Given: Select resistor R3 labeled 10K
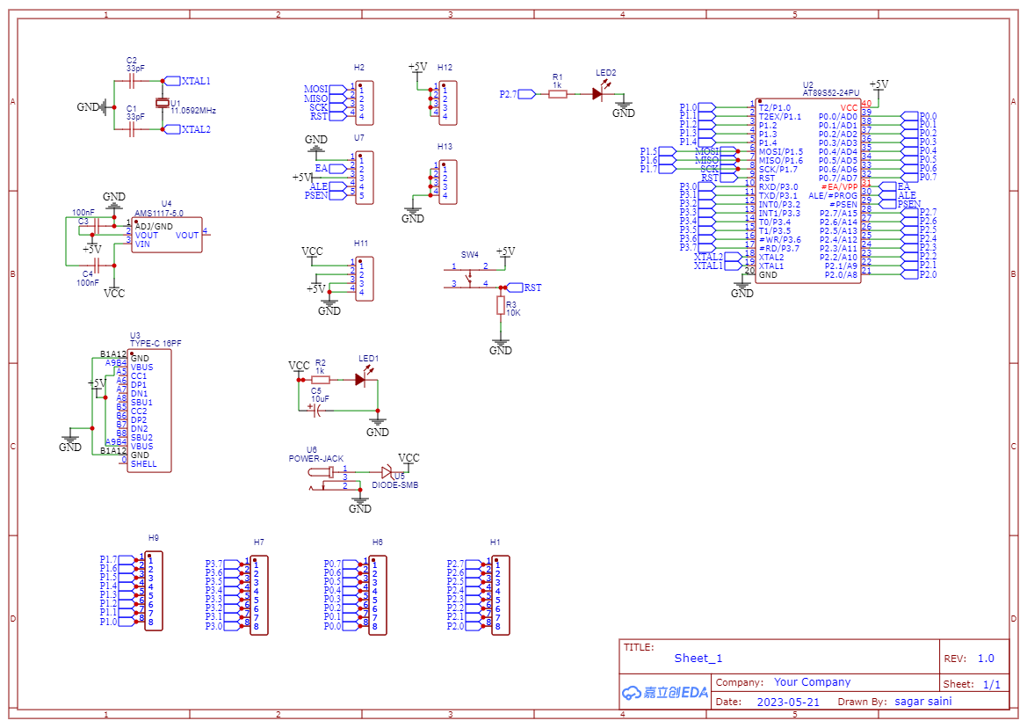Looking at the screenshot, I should (x=501, y=305).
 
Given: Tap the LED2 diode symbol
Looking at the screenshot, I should (x=597, y=93).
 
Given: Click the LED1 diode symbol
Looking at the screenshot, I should (x=360, y=380).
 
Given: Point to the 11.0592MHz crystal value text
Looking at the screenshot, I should (x=193, y=112).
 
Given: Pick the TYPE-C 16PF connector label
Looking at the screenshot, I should (x=155, y=344).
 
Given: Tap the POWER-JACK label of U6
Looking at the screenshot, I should (x=315, y=459).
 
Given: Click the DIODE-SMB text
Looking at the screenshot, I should (x=394, y=484).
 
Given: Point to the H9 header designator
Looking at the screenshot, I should (x=154, y=537).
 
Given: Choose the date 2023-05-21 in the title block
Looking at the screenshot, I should (x=787, y=702).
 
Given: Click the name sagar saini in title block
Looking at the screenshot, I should (x=922, y=701).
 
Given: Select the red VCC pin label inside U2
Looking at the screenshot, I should (x=848, y=107).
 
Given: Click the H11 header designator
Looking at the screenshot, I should (x=361, y=243).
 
